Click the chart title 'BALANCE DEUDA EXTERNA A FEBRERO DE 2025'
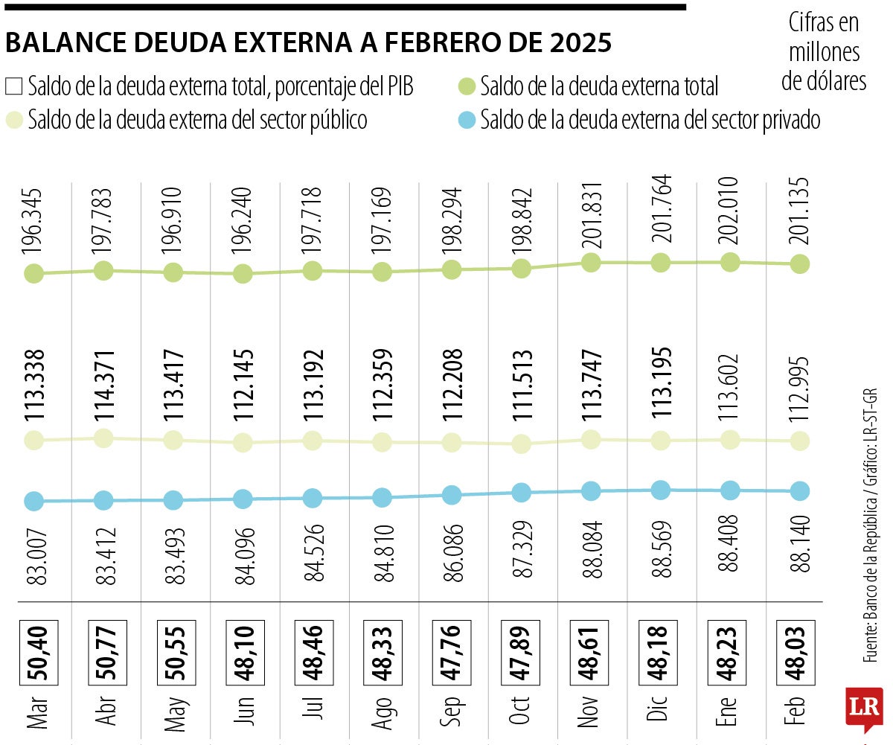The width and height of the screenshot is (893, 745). [x=308, y=43]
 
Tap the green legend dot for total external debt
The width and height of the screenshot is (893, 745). [x=466, y=86]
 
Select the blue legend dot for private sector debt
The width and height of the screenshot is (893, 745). [x=466, y=119]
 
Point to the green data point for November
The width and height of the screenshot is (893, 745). [x=591, y=262]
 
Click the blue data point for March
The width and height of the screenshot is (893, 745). [x=33, y=501]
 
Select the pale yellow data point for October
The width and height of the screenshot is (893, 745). [x=521, y=444]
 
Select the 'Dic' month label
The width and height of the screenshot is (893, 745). [x=659, y=713]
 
